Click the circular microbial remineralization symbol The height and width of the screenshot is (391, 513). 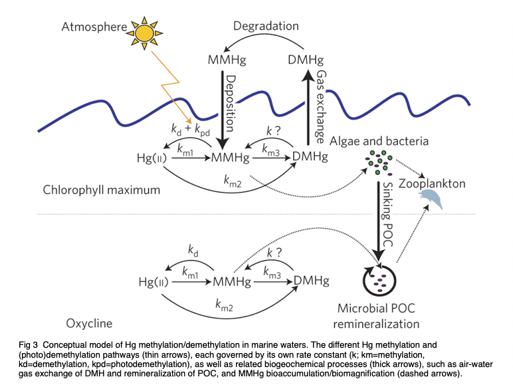coord(379,282)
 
